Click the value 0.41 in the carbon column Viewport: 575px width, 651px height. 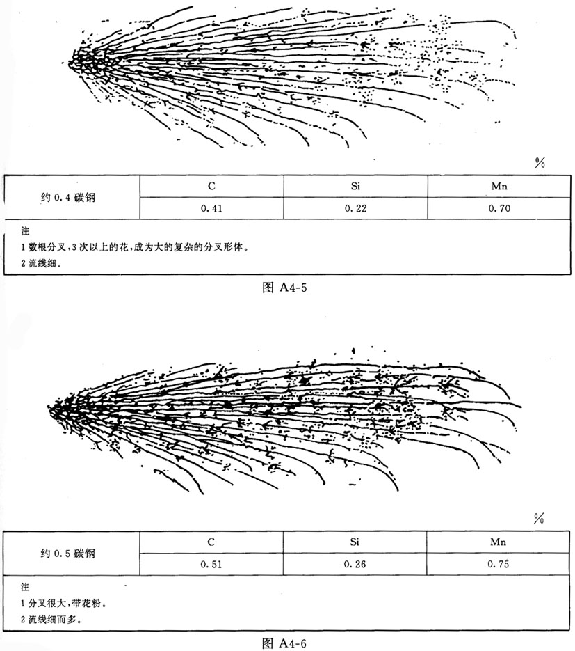click(x=211, y=207)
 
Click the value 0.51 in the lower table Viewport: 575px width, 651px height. click(x=211, y=564)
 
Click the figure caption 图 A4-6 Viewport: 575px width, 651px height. click(x=287, y=642)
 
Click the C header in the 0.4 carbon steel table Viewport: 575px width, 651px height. click(x=211, y=186)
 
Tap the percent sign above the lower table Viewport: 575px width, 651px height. click(x=538, y=519)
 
